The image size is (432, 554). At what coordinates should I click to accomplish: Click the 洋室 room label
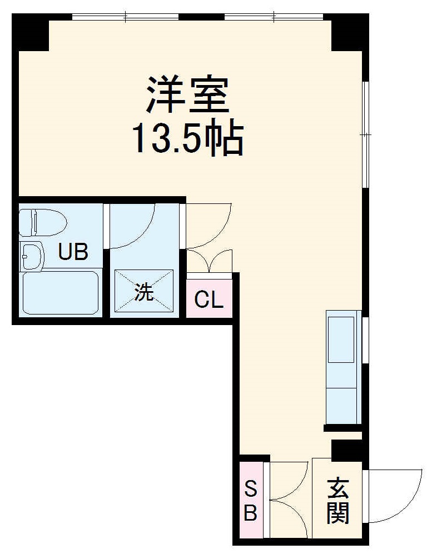coord(187,95)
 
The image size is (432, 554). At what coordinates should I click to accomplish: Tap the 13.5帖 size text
coord(187,138)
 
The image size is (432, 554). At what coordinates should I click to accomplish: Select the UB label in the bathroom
coord(73,253)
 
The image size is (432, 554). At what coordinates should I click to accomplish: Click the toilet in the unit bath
coord(42,222)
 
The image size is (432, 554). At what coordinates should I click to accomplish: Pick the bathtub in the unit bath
coord(60,293)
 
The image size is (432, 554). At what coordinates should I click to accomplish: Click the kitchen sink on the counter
coord(341,338)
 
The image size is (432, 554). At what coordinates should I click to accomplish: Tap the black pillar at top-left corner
coord(31,32)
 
